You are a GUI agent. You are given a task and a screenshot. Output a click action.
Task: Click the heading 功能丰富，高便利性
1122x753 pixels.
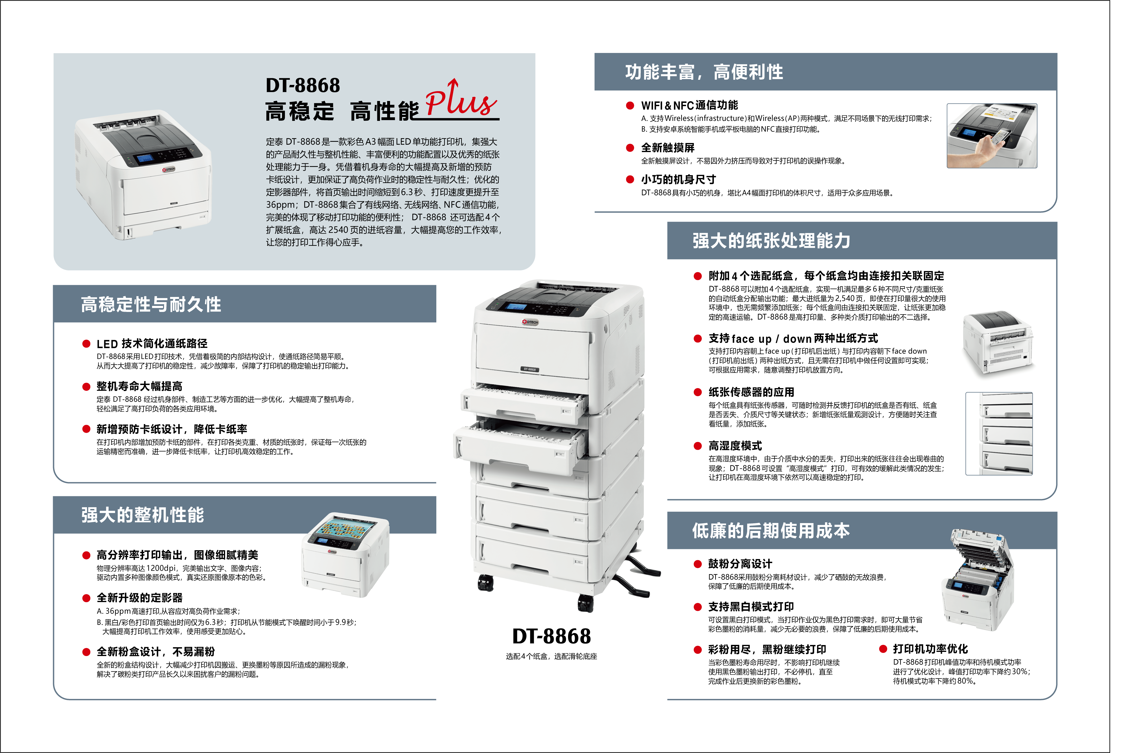pos(704,72)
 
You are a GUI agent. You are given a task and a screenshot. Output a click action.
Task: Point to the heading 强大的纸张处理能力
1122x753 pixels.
pos(771,241)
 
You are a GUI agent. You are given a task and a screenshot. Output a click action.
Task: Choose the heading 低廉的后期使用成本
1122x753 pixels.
pos(771,531)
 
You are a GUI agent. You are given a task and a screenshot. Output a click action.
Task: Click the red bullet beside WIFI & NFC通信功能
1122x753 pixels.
pos(630,106)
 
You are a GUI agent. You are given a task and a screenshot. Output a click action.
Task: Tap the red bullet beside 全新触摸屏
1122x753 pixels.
pos(630,148)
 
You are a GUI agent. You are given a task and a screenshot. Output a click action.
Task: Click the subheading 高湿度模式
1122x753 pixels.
pos(735,446)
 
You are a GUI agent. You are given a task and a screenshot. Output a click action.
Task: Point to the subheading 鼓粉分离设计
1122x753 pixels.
pos(740,564)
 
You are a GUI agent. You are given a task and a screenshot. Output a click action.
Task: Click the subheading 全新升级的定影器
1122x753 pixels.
pos(140,598)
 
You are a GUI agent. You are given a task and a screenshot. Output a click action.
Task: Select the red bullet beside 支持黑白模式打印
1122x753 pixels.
pos(698,607)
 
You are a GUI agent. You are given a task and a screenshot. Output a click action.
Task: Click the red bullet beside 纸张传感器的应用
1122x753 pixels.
pos(698,392)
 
